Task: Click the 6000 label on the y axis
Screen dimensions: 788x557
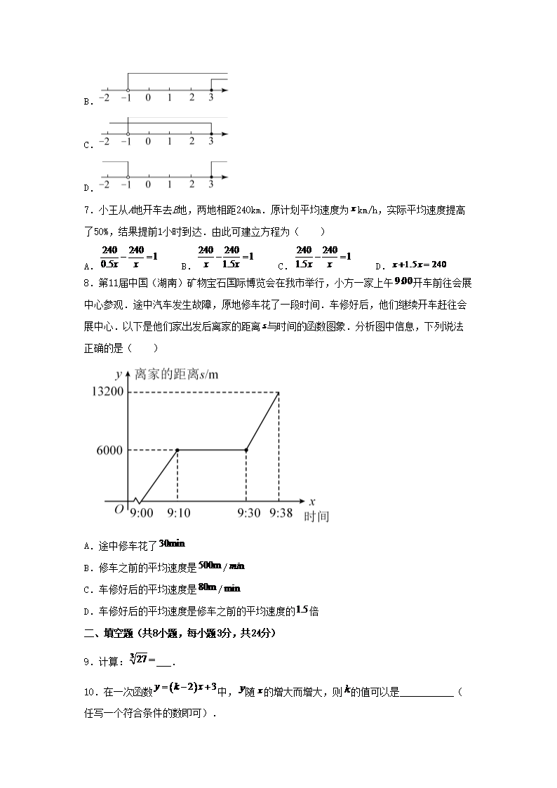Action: click(107, 450)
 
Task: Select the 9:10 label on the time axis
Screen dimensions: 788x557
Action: click(177, 514)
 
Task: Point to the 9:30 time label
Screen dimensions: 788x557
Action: click(246, 514)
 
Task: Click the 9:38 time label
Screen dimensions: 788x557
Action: click(280, 514)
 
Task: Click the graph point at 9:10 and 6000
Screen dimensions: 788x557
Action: click(177, 450)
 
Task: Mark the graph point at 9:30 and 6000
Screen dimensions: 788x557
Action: click(246, 450)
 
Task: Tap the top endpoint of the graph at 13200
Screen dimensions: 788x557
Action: click(278, 392)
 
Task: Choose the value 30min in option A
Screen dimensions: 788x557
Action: click(171, 544)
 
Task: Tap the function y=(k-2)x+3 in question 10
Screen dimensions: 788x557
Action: click(190, 690)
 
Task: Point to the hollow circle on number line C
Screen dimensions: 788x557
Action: click(128, 133)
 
